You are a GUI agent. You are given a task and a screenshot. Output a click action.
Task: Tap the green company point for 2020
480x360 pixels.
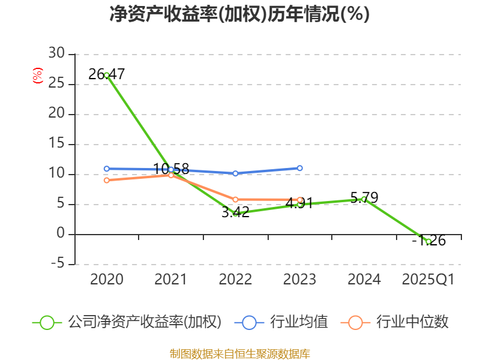[107, 75]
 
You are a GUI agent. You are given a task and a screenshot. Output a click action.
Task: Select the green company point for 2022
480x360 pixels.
[236, 213]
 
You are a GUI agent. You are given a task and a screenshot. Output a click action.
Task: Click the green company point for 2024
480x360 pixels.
[364, 199]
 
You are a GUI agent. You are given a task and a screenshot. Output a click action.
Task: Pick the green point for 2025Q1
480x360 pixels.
[428, 241]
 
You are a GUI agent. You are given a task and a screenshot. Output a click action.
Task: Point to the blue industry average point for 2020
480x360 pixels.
[107, 169]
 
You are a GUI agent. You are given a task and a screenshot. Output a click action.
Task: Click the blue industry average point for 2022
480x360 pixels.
[236, 173]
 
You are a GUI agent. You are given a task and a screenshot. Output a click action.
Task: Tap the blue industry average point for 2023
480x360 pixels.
[300, 168]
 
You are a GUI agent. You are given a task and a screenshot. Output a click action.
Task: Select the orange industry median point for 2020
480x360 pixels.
[107, 180]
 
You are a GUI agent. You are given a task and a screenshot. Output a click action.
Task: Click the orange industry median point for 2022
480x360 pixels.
[236, 199]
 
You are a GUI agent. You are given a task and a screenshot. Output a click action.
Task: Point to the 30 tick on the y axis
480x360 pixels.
[57, 54]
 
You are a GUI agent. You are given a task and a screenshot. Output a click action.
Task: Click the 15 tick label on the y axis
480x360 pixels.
[57, 144]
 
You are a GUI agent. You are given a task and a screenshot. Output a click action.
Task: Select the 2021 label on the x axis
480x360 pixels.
[171, 280]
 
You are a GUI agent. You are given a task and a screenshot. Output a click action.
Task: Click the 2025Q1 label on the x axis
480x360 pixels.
[428, 280]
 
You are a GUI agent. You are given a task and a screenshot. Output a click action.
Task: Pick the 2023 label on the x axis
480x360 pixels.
[300, 280]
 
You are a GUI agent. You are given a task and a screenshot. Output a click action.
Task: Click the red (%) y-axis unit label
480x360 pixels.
[38, 76]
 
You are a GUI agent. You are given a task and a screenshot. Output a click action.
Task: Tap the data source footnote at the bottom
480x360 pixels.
[239, 353]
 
